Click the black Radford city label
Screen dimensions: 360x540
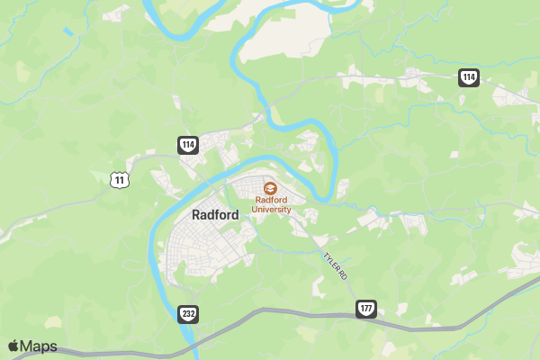tap(216, 215)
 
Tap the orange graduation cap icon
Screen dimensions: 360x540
tap(270, 188)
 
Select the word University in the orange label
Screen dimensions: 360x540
tap(272, 210)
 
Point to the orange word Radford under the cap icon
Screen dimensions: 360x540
tap(271, 201)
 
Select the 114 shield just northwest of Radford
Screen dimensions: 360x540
tap(187, 145)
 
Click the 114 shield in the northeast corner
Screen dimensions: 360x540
tap(468, 77)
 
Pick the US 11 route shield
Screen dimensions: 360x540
tap(120, 180)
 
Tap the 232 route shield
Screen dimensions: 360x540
tap(188, 314)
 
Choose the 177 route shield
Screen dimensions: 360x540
tap(365, 309)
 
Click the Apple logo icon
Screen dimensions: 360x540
tap(13, 346)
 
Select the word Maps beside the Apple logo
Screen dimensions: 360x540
tap(39, 346)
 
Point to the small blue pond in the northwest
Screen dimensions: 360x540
tap(68, 32)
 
